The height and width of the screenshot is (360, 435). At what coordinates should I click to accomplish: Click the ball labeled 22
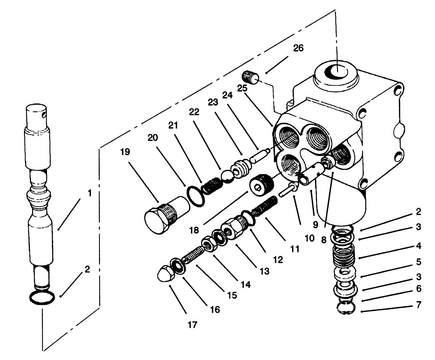(x=227, y=176)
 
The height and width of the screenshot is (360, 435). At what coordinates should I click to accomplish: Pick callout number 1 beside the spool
(x=89, y=194)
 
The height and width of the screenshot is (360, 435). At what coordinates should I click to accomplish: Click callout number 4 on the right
(x=418, y=246)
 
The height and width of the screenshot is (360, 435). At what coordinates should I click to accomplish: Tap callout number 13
(x=264, y=271)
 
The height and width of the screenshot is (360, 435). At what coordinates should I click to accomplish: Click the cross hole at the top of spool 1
(x=43, y=116)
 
